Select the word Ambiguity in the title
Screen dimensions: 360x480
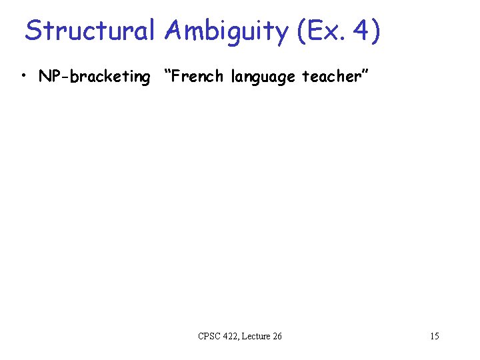pos(223,31)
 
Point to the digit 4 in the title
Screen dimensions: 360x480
pos(360,31)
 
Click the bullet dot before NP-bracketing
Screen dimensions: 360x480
pos(24,76)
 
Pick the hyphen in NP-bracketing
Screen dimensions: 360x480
pos(62,77)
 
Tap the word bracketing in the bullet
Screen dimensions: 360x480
pos(108,77)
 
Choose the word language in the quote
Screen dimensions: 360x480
pos(263,77)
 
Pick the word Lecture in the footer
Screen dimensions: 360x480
pos(258,336)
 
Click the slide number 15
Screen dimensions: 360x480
pos(434,336)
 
